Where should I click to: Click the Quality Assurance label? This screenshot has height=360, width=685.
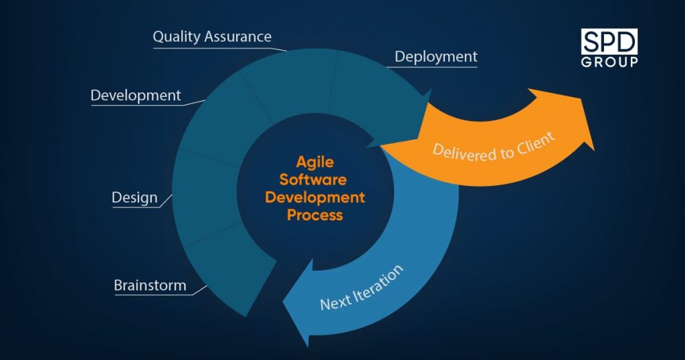[212, 37]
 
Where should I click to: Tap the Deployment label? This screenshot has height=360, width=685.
[436, 57]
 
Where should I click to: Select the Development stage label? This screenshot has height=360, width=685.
[135, 95]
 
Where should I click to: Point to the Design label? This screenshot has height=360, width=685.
[134, 197]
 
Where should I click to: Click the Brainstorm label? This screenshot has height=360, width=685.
[150, 285]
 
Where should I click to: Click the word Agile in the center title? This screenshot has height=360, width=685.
[314, 163]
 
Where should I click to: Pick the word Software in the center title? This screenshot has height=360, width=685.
[313, 179]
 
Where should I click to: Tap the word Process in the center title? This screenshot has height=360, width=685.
[315, 215]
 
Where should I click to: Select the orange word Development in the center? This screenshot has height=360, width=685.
[315, 197]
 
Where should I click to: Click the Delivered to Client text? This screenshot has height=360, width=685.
[494, 148]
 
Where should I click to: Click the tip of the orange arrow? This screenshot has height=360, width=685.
[594, 151]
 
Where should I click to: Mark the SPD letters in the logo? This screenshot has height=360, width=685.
[609, 42]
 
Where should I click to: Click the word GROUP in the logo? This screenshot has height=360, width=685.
[609, 62]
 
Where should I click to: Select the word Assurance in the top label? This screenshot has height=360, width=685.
[238, 37]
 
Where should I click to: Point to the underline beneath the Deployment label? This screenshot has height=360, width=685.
[432, 67]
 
